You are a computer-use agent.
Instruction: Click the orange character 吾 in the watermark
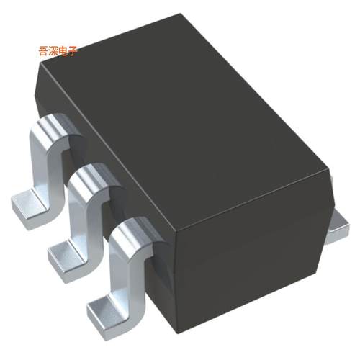coord(43,51)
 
